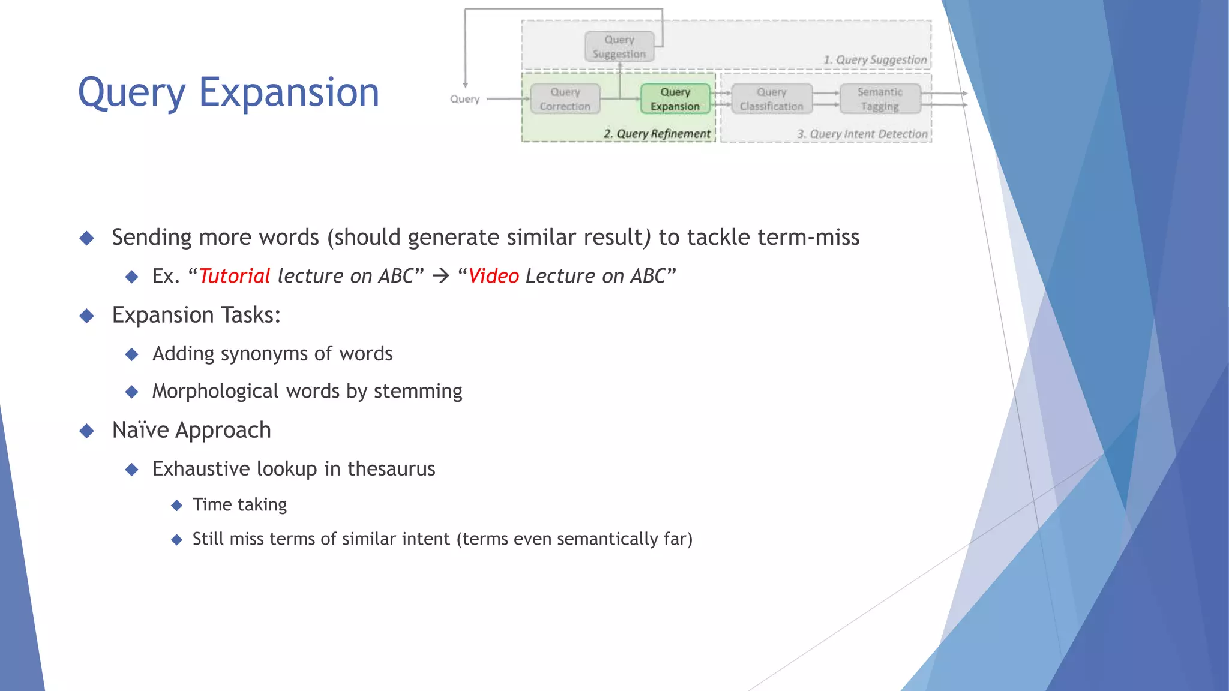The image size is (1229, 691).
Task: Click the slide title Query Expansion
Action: click(229, 93)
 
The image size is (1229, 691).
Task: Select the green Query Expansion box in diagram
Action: click(675, 99)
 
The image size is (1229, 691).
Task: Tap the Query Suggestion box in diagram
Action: click(619, 47)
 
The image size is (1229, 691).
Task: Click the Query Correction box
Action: click(565, 99)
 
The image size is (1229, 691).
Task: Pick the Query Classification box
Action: click(771, 99)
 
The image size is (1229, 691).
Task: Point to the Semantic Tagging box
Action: click(880, 99)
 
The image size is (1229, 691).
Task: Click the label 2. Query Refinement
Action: click(657, 134)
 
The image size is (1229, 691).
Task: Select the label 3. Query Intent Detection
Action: click(862, 134)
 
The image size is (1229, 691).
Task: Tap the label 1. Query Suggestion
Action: click(874, 60)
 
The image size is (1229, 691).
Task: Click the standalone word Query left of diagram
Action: click(465, 99)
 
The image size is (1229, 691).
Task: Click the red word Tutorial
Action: click(235, 276)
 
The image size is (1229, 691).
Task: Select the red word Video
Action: click(493, 276)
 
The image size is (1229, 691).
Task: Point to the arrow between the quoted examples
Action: click(441, 276)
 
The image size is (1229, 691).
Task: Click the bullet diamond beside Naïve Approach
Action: click(87, 431)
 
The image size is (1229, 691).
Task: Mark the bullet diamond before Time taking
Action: click(176, 506)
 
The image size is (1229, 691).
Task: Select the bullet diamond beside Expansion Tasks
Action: click(87, 316)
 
